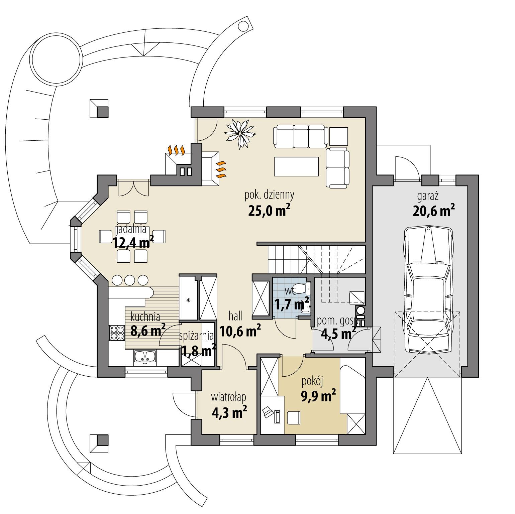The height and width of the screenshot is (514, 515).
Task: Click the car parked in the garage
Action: coord(428,289)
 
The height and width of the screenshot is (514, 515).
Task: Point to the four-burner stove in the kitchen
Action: coord(116,333)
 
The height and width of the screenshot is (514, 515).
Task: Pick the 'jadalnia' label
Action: coord(131,230)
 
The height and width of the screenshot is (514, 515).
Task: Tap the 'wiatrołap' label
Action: coord(229,397)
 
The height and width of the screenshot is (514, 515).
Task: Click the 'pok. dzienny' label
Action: coord(269,194)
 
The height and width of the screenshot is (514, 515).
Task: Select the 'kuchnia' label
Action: coord(145,316)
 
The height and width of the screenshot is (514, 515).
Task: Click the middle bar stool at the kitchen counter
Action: coord(130,280)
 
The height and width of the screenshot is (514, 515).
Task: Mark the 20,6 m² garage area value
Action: coord(433,211)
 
